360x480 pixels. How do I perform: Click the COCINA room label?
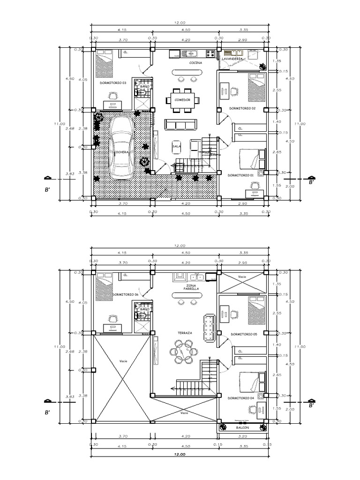(x=196, y=62)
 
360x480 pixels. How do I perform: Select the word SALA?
(x=177, y=146)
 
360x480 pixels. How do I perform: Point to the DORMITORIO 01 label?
(x=240, y=175)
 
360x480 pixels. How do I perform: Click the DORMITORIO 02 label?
(x=242, y=108)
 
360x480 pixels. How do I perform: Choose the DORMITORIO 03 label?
(x=113, y=82)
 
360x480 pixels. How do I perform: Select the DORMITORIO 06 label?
(x=125, y=294)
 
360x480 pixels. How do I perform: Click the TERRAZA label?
(x=185, y=333)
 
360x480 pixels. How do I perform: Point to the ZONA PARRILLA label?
(x=191, y=287)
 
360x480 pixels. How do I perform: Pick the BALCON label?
(x=243, y=427)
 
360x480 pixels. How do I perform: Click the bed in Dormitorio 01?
(x=252, y=159)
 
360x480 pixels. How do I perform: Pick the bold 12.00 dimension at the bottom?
(x=180, y=454)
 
